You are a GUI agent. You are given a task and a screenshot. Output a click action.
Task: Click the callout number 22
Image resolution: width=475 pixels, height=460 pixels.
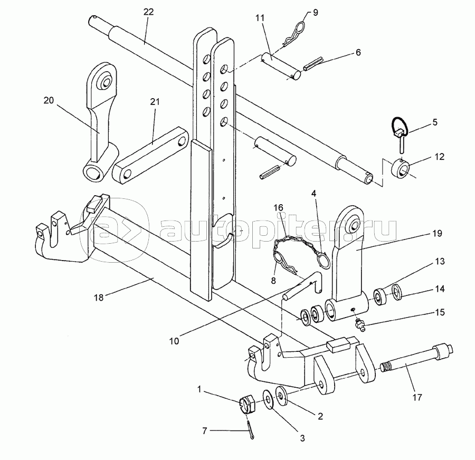click(148, 12)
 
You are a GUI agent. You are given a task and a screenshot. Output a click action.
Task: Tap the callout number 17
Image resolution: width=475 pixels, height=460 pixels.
click(417, 397)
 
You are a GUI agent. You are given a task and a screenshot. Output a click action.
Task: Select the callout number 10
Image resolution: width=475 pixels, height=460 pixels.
click(174, 341)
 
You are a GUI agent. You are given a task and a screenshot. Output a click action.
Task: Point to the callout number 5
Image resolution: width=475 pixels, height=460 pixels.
click(435, 122)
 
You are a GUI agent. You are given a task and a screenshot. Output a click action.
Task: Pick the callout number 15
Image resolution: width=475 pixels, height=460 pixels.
click(439, 312)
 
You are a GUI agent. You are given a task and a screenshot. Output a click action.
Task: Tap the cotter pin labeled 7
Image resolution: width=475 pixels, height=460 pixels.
click(251, 430)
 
